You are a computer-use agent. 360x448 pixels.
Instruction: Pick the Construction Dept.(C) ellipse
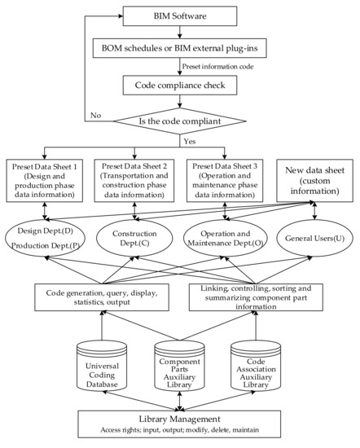coord(134,238)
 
